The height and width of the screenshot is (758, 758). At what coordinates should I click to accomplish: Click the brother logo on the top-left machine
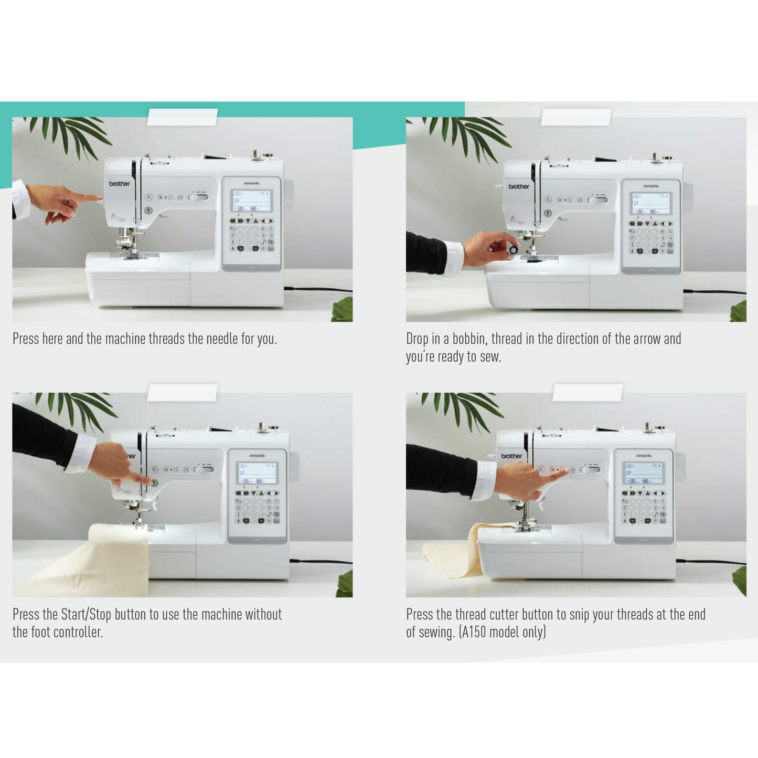click(x=120, y=184)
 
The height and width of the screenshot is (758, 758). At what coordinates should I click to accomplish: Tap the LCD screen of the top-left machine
click(x=251, y=201)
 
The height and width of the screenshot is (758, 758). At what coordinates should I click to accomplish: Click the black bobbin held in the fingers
click(x=514, y=250)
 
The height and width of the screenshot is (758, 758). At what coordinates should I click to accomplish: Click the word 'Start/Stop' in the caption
click(x=86, y=614)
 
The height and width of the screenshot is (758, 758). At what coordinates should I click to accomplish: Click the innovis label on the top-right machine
click(x=650, y=186)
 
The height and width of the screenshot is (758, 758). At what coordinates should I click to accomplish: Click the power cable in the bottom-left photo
click(x=321, y=561)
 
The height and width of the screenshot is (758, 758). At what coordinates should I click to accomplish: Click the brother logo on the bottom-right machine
click(x=511, y=456)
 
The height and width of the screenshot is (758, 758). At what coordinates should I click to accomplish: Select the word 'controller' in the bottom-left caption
click(x=78, y=632)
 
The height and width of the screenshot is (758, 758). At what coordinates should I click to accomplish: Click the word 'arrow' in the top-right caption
click(x=647, y=339)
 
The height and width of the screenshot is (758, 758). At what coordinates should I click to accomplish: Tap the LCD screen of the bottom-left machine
click(x=257, y=473)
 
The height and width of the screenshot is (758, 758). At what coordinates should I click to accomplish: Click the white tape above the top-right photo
click(x=576, y=117)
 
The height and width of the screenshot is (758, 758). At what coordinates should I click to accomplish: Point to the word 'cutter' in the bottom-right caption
click(x=519, y=614)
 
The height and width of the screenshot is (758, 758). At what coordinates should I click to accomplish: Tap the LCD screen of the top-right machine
click(x=650, y=204)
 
